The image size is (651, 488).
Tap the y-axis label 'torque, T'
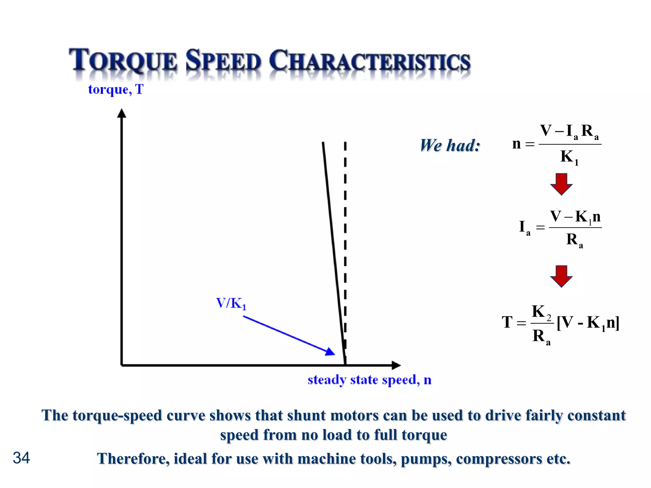pos(116,90)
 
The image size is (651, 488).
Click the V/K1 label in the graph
pos(231,303)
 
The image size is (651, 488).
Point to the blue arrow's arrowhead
pos(330,352)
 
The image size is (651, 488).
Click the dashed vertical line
pos(345,222)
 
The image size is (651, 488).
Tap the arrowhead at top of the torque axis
pos(122,113)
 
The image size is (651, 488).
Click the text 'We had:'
pos(450,146)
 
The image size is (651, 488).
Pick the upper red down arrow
pos(561,184)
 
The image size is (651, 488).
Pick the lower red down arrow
pos(561,276)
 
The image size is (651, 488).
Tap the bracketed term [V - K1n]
pos(588,323)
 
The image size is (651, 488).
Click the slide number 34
pos(21,458)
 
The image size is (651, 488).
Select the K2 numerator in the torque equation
pos(541,312)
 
